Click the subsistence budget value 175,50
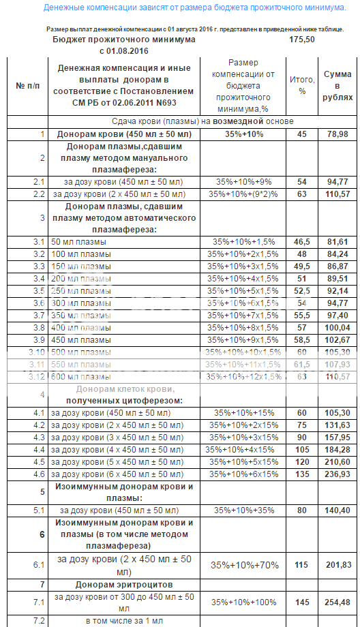click(301, 40)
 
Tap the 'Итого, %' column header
click(302, 85)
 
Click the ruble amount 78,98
click(338, 134)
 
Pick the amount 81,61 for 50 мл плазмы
click(338, 242)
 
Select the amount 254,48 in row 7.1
click(338, 602)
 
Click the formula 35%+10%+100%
click(243, 602)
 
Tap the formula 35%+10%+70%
click(243, 565)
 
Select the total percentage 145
click(302, 602)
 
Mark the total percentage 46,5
click(302, 242)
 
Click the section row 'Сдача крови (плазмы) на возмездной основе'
click(203, 121)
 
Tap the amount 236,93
click(338, 474)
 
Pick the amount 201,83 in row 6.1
click(338, 565)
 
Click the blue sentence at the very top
click(194, 7)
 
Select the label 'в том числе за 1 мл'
click(124, 620)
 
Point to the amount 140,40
click(338, 509)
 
